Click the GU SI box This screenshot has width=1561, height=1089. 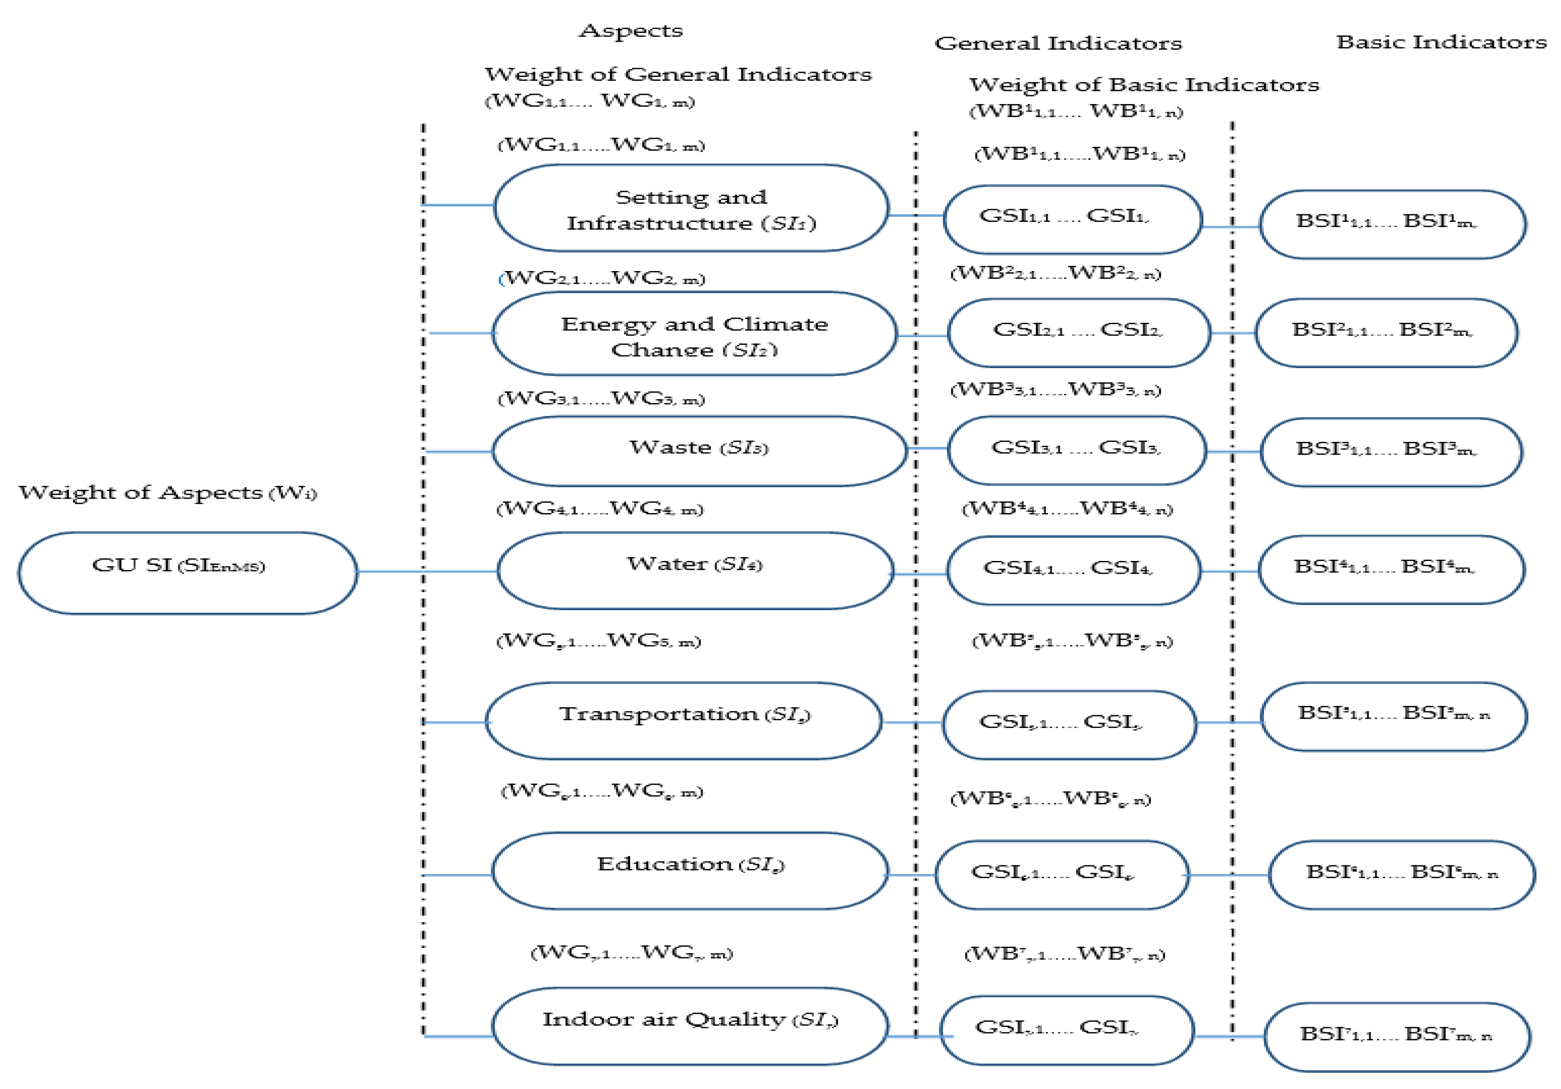pos(187,572)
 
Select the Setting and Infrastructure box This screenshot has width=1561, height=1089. pos(691,208)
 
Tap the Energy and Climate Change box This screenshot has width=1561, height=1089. pos(694,334)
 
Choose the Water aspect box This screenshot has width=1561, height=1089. pos(694,570)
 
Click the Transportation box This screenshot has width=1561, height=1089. pos(684,720)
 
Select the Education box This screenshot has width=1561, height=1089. pos(690,870)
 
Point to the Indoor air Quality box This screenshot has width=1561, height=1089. pos(690,1025)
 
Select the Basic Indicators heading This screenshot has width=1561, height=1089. pos(1441,42)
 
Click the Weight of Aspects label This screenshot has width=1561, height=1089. pos(167,492)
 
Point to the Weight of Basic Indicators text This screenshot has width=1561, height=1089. pos(1144,85)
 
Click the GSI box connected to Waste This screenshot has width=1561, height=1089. pos(1076,450)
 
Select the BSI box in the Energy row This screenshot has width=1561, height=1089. pos(1386,333)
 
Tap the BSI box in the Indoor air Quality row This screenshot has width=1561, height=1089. pos(1397,1036)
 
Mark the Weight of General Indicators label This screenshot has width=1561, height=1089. pos(677,74)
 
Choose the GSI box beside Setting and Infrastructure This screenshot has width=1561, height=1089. pos(1072,219)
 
